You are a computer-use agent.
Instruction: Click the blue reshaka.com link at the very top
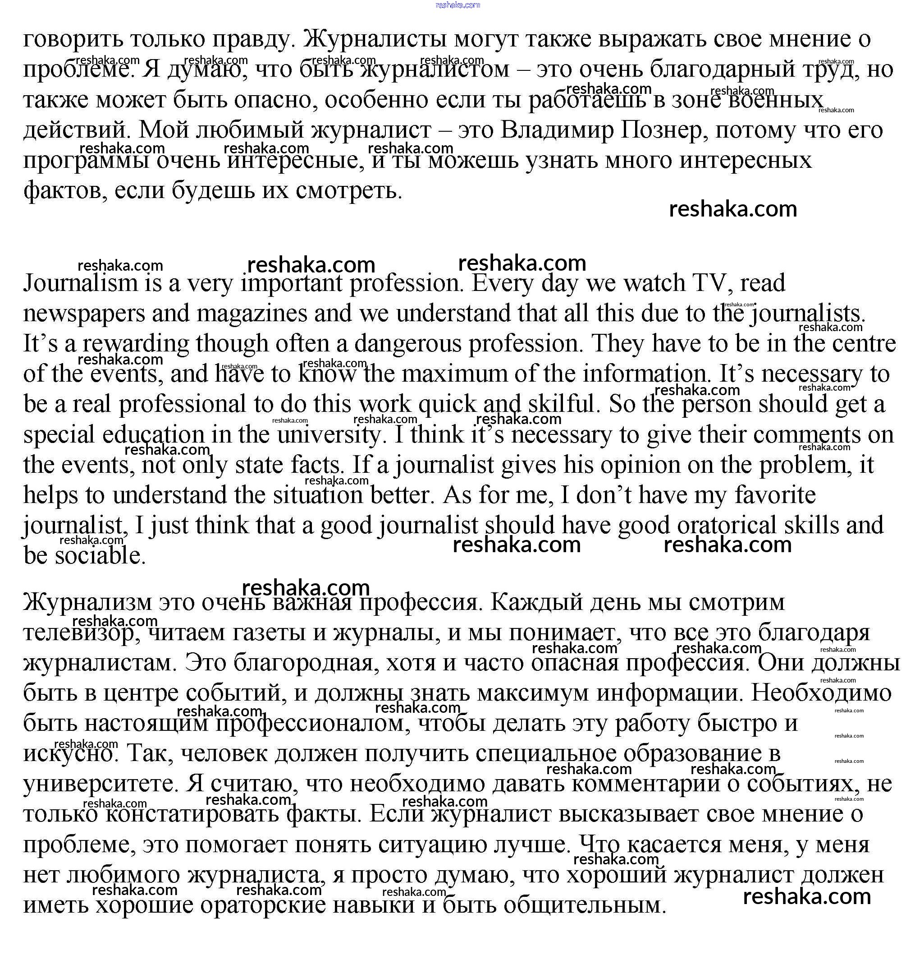pos(457,5)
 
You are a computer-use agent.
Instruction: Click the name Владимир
pos(557,130)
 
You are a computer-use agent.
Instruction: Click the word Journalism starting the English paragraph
pos(81,283)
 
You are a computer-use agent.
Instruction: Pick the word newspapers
pos(84,314)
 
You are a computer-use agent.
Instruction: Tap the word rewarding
pos(136,344)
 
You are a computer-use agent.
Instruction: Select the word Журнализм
pos(88,603)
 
